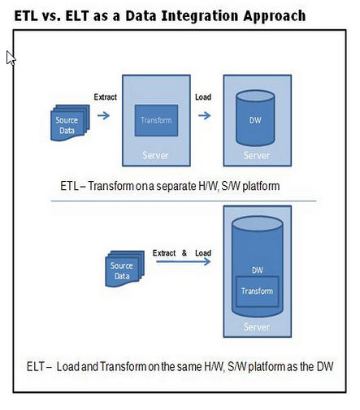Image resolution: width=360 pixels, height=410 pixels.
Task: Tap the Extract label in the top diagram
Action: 106,97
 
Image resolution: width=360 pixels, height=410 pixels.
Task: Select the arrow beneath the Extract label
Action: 105,116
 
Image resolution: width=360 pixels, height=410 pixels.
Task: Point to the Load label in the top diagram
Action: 204,97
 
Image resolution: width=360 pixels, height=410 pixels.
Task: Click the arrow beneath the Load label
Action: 205,116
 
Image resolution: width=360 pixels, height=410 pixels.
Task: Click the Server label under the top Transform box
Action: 155,155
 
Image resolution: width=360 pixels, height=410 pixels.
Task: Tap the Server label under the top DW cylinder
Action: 257,155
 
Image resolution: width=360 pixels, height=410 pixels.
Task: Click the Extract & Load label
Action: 182,253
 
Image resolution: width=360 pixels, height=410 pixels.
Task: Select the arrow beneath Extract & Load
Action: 181,270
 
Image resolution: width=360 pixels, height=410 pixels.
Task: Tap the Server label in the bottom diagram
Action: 257,327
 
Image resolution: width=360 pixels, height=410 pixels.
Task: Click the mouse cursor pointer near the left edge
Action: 10,58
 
